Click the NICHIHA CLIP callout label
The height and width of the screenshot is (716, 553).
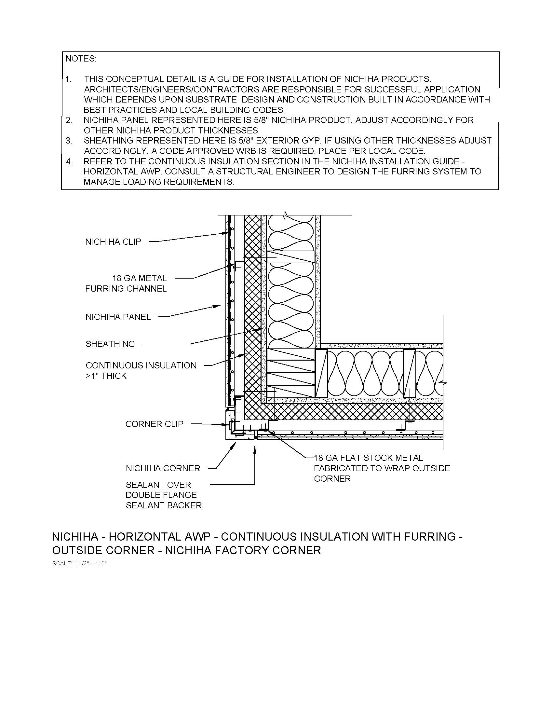[113, 242]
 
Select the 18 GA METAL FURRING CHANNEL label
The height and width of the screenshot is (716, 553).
[126, 283]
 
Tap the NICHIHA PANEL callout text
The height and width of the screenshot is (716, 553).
[118, 317]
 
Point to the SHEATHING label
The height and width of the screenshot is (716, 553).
[110, 344]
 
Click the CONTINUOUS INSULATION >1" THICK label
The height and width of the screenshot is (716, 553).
[141, 370]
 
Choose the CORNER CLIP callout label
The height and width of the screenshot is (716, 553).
[154, 424]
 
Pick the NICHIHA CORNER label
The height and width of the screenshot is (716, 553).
[163, 468]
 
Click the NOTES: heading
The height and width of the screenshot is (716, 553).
[81, 59]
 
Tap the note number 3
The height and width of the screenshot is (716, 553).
[69, 141]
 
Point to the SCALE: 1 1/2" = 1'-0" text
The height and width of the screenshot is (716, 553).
[80, 564]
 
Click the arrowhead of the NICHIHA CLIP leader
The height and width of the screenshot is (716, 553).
[226, 233]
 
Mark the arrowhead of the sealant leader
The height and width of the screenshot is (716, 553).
[255, 448]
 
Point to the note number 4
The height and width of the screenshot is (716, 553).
[69, 162]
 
